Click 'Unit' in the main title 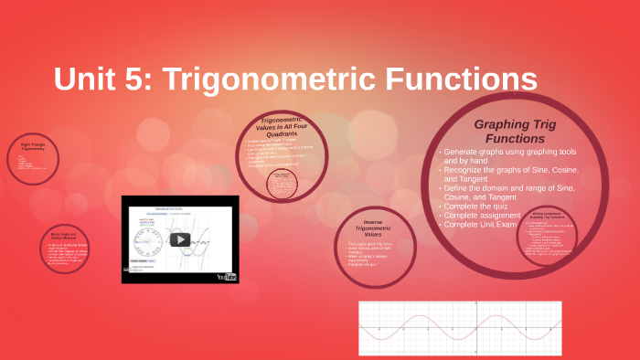(x=87, y=79)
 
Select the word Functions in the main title (x=460, y=79)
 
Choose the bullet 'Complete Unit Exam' (x=489, y=223)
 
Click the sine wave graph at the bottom (x=459, y=327)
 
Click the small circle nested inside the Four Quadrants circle (x=285, y=184)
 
